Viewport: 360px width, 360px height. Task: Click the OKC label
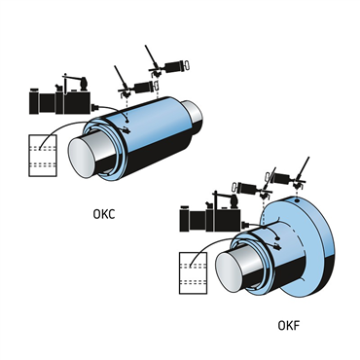pos(104,214)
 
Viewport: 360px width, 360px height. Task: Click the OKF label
pos(289,325)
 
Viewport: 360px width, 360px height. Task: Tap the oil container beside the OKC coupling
pos(43,156)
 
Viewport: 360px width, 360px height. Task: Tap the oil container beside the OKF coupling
pos(194,273)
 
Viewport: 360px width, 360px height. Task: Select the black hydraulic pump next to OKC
pos(60,96)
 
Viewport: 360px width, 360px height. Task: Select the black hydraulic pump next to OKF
pos(210,214)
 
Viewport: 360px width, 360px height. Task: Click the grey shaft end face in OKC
pos(82,158)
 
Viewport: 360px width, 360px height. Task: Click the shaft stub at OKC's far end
pos(193,113)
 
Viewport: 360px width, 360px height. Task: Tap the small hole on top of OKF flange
pos(297,200)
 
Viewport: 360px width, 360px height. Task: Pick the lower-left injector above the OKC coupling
pos(136,84)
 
